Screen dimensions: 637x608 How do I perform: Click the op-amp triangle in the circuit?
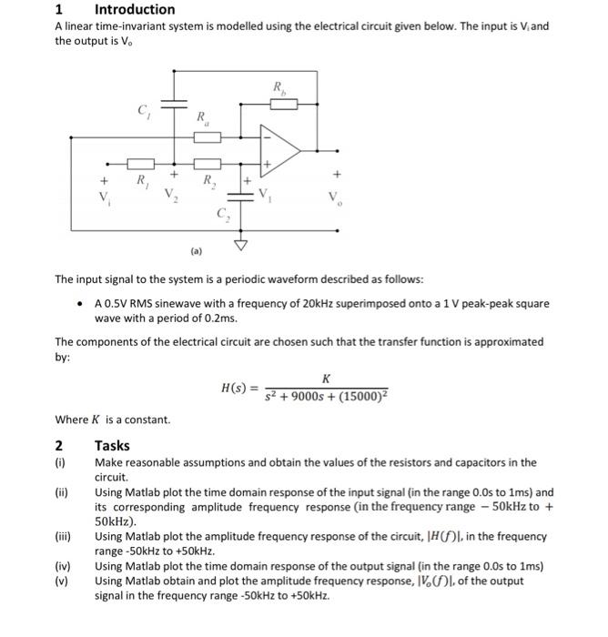pos(279,147)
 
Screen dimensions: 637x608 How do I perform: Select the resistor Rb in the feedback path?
pos(285,103)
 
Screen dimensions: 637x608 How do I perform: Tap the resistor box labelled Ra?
pos(208,137)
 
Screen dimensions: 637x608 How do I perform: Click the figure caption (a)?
pos(197,249)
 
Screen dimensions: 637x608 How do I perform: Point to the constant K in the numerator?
pos(325,378)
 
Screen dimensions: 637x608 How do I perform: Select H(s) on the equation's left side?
pos(238,386)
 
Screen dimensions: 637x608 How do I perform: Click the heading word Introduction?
pos(135,9)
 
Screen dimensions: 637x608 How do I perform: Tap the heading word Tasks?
pos(112,445)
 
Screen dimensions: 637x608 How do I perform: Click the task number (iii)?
pos(63,537)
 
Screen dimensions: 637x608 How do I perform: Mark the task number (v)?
pos(61,581)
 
